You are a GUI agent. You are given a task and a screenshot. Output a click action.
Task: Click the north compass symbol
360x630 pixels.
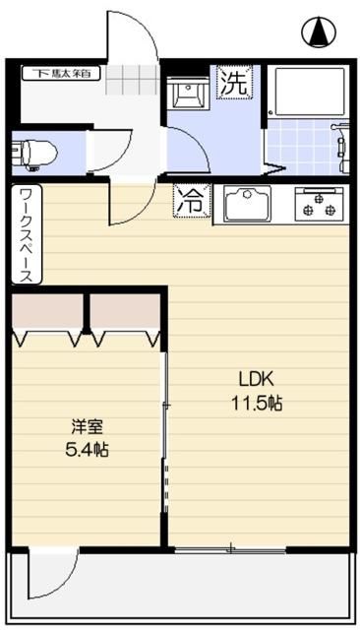point(319,33)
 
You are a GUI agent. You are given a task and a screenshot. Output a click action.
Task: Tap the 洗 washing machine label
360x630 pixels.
point(234,83)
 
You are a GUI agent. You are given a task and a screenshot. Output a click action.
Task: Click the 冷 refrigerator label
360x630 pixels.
point(190,201)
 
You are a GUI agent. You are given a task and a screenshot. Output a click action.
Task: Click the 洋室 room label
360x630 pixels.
point(87,427)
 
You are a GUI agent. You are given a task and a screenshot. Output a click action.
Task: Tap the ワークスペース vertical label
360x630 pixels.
point(25,235)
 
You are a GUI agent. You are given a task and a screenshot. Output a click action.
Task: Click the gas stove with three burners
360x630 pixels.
point(320,204)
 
